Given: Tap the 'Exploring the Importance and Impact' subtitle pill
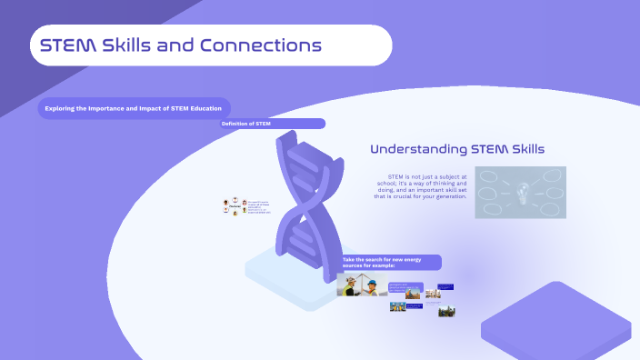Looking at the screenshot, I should click(134, 109).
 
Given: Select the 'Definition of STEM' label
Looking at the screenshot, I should click(245, 123).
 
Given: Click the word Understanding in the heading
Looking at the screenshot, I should click(418, 149).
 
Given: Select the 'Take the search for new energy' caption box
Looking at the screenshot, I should click(391, 263).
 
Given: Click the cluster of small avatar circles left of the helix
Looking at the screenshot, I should click(234, 207).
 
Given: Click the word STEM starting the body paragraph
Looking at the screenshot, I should click(395, 175).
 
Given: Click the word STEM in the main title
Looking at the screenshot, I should click(70, 45).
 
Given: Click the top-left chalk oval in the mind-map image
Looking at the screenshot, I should click(488, 175).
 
